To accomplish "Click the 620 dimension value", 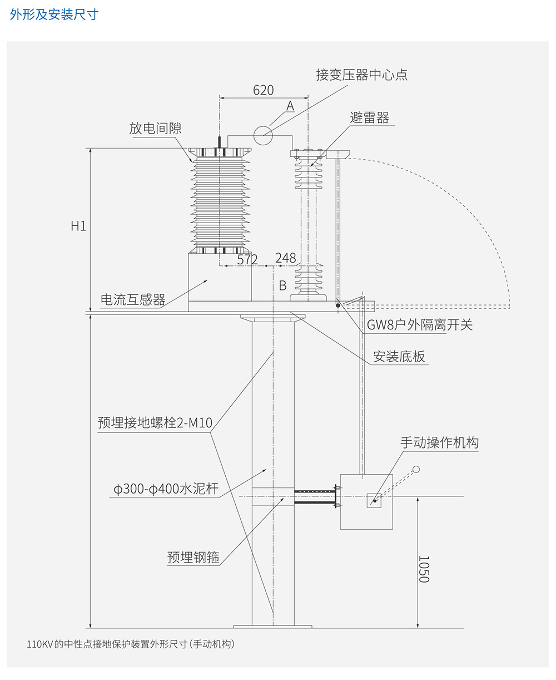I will point(264,90).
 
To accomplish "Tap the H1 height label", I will point(78,226).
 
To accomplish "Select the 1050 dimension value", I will point(424,569).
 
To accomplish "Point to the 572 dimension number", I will point(247,259).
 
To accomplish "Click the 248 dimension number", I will point(285,258).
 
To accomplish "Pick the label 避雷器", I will point(369,117).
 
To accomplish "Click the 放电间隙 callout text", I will point(156,129).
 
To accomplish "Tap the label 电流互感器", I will point(133,300).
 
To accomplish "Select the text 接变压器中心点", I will point(361,75).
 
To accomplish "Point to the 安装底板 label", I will point(399,357).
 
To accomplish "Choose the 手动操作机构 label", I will point(439,443).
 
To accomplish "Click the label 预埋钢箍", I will point(193,558).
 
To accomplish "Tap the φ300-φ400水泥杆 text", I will point(166,489).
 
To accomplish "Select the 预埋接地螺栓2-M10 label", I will point(155,423).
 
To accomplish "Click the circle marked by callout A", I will point(263,135).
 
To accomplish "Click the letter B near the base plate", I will point(282,285).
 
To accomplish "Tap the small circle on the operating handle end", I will point(416,470).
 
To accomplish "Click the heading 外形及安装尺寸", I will point(54,14).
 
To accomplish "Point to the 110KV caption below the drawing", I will point(131,644).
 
